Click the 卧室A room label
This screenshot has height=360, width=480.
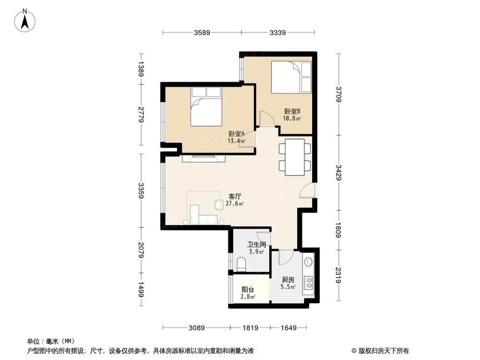pos(237,134)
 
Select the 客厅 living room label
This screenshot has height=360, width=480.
pos(235,196)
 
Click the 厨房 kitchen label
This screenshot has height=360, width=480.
pos(288,280)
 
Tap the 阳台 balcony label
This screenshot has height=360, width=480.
pos(248,289)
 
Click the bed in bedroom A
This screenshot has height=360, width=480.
pos(206,106)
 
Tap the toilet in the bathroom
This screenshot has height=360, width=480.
pos(242,263)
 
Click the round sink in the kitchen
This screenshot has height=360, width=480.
pos(309,262)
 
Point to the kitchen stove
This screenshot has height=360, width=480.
pos(309,284)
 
